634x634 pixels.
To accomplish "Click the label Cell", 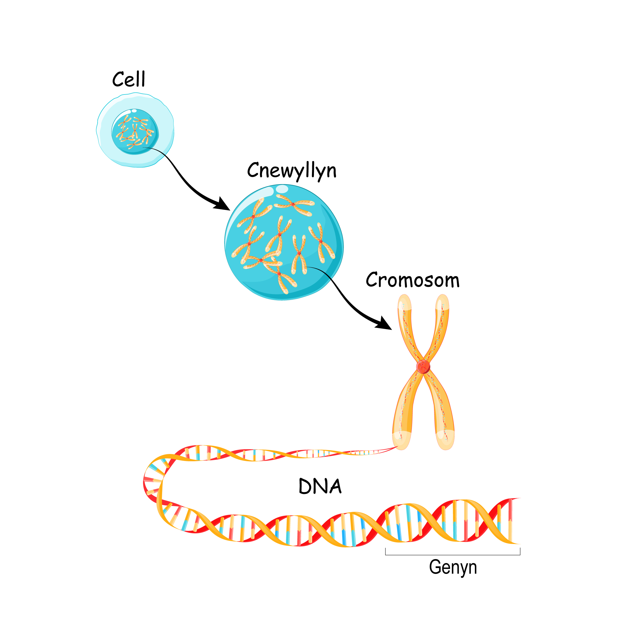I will [129, 79].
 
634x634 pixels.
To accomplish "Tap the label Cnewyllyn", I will [292, 171].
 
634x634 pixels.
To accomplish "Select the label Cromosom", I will [413, 281].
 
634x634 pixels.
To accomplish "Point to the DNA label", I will [320, 487].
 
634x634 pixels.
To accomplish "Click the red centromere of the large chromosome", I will [423, 366].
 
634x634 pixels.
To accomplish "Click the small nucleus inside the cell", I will [135, 132].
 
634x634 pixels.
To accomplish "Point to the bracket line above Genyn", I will [453, 555].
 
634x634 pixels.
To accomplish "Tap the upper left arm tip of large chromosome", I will [404, 301].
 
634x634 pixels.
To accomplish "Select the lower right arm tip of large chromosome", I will [446, 442].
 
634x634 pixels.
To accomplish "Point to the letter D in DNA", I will [305, 487].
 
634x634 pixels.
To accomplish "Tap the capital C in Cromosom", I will [372, 280].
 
